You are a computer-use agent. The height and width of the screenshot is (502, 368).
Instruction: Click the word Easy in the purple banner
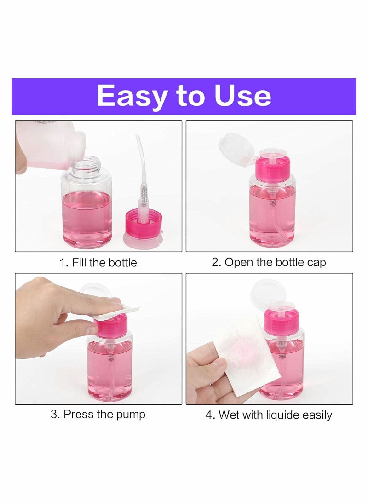pos(132,97)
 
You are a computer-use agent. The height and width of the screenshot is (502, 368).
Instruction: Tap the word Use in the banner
pos(242,96)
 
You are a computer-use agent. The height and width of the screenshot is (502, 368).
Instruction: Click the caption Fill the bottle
pos(104,263)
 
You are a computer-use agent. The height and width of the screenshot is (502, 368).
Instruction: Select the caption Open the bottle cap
pos(275,262)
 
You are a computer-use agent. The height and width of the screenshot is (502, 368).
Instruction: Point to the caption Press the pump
pos(104,414)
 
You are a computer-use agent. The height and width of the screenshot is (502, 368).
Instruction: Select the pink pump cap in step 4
pos(282,321)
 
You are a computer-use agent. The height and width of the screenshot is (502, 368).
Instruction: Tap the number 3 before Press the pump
pos(54,414)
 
